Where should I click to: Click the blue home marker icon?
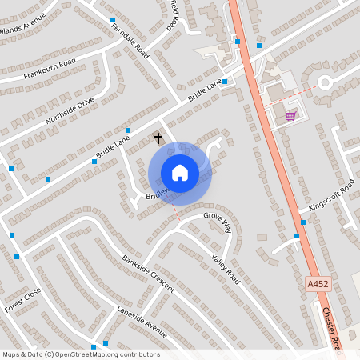click(179, 173)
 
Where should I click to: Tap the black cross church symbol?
click(158, 138)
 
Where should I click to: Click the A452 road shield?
click(317, 284)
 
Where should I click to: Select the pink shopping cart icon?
click(290, 115)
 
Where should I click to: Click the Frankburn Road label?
click(50, 68)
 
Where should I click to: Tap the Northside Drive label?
click(70, 110)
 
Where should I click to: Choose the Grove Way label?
click(217, 222)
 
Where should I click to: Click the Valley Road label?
click(226, 268)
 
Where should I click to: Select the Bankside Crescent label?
click(148, 274)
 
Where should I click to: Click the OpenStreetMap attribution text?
click(81, 354)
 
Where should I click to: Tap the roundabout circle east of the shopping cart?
click(325, 81)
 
